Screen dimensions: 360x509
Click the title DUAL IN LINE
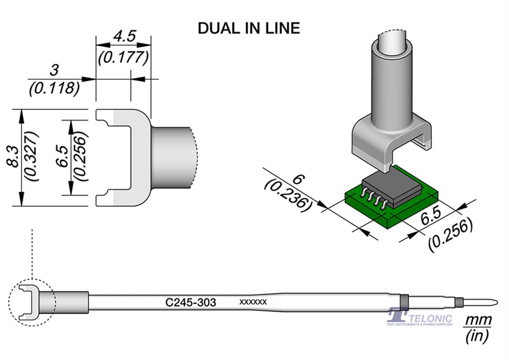(249, 28)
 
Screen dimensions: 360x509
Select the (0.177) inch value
(123, 58)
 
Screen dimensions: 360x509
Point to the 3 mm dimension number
(55, 70)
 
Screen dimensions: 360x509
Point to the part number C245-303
(191, 303)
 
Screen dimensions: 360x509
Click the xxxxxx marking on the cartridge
(253, 302)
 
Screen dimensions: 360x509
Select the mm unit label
(478, 321)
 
